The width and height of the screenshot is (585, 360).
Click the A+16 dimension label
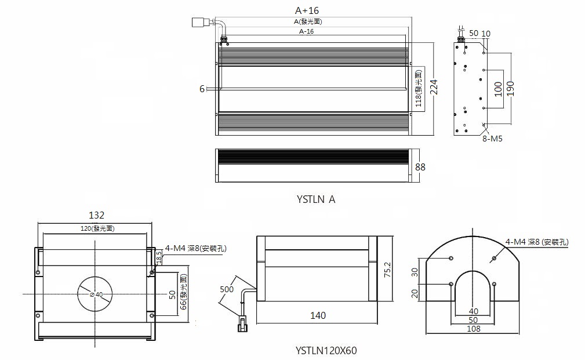click(x=307, y=10)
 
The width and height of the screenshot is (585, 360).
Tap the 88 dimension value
click(x=420, y=166)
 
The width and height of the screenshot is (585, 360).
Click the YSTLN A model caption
click(x=316, y=199)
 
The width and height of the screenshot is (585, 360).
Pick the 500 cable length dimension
click(x=227, y=289)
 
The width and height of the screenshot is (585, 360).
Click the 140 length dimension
click(x=318, y=315)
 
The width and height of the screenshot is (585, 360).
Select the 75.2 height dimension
click(x=387, y=270)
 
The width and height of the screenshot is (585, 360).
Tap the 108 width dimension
click(x=473, y=329)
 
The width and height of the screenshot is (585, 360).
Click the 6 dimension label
click(x=202, y=89)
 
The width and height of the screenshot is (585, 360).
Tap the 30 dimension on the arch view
click(x=415, y=272)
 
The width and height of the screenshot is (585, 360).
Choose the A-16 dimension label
click(x=307, y=31)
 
